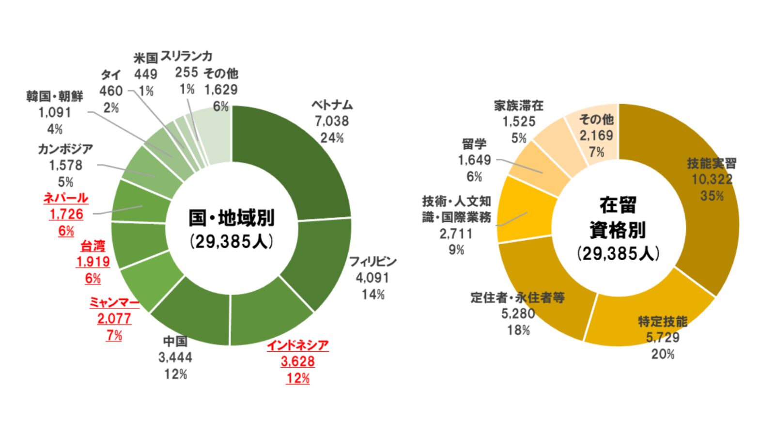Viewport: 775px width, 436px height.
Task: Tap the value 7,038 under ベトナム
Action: (332, 121)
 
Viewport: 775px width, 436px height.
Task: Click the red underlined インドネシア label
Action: (298, 345)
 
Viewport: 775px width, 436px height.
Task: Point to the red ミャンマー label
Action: (114, 303)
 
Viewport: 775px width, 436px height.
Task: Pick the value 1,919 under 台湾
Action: (93, 262)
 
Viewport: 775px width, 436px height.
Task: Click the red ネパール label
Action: (66, 198)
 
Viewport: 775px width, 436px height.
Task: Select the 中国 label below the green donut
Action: (175, 342)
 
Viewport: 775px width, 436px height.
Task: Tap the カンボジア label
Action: (65, 149)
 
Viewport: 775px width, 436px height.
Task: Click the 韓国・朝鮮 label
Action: (55, 96)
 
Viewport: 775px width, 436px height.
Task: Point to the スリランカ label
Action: (186, 56)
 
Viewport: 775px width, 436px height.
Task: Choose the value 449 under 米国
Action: (145, 74)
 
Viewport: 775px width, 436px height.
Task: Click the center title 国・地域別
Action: (232, 218)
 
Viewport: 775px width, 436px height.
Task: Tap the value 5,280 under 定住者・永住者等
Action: (518, 314)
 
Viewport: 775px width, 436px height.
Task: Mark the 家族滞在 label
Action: (519, 106)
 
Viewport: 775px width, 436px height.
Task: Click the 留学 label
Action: (474, 144)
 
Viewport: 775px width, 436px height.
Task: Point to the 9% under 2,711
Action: (456, 250)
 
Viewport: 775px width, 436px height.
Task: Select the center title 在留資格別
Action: (618, 218)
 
